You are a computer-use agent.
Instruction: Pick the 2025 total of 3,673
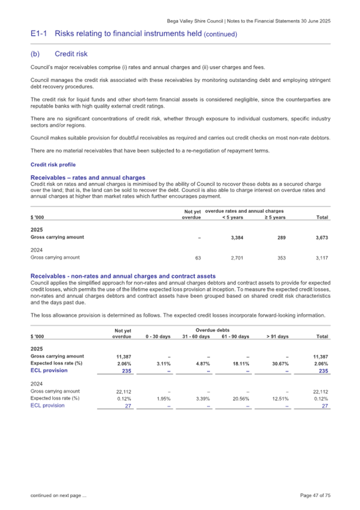coord(322,237)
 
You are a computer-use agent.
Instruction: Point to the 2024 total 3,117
coord(322,257)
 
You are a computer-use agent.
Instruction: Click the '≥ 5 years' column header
coord(275,217)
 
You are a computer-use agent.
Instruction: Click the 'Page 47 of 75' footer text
coord(315,496)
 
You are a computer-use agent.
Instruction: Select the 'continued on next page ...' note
coord(59,496)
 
